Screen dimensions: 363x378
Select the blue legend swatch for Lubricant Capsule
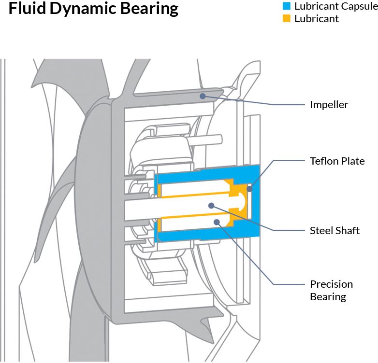coord(287,7)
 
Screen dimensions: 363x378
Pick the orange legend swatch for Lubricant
coord(287,19)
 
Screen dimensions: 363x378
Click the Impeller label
coord(329,104)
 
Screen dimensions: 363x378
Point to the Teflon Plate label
coord(337,161)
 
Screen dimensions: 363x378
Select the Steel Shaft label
coord(334,230)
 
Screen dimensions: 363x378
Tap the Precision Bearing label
coord(331,290)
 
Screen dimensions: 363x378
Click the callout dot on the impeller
coord(203,96)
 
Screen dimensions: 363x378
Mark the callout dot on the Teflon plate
coord(249,188)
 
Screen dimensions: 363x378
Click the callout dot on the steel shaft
coord(211,205)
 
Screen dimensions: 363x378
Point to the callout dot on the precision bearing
coord(217,222)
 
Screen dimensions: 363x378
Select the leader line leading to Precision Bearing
coord(251,256)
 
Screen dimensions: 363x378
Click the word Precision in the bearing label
coord(331,284)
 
